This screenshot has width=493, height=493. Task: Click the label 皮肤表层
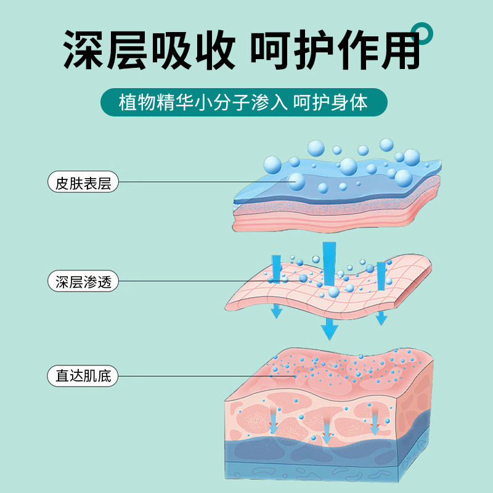tap(83, 182)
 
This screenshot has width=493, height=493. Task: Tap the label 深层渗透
tap(83, 282)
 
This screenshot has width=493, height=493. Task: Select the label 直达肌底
tap(83, 375)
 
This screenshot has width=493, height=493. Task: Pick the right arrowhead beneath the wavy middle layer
tap(381, 318)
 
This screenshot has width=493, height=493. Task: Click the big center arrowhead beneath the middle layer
tap(330, 331)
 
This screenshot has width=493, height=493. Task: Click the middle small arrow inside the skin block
tap(326, 433)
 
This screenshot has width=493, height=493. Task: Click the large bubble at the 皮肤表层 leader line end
tap(297, 181)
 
